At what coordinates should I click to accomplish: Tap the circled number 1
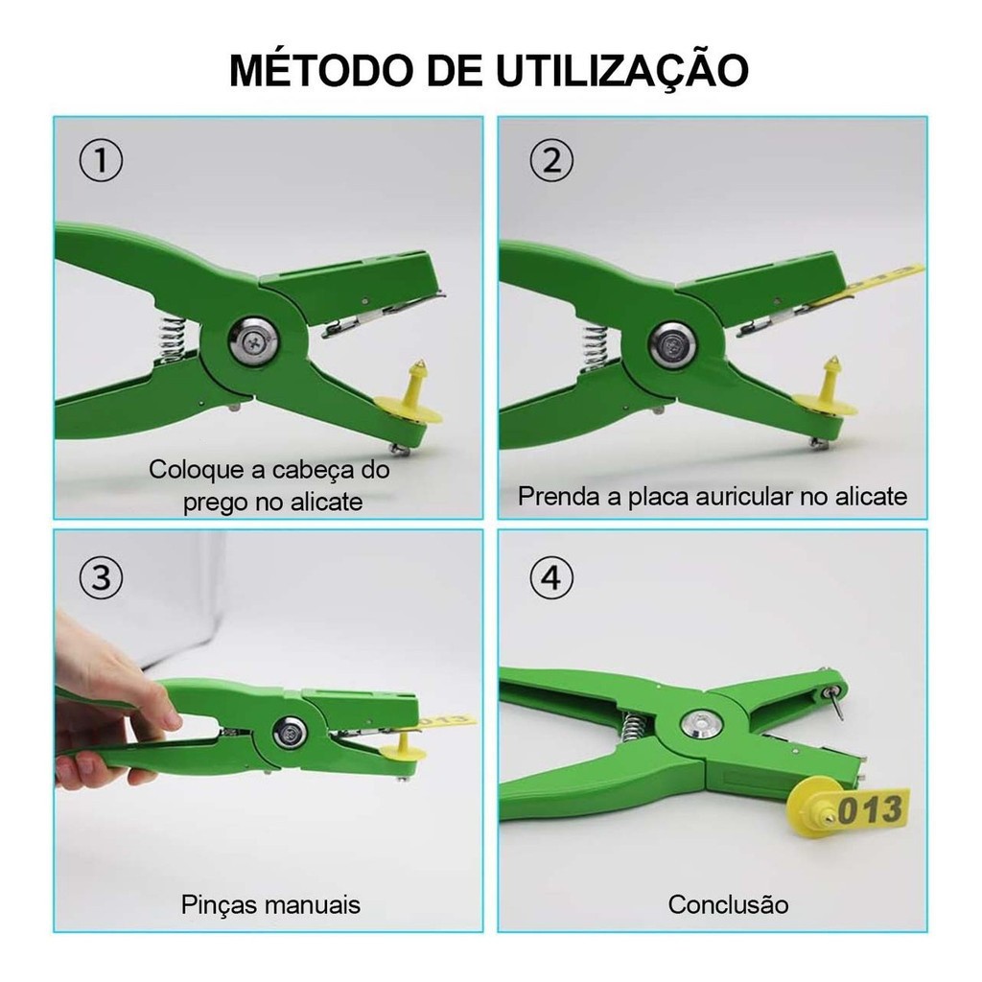pyautogui.click(x=101, y=161)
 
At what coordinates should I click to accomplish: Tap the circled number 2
pyautogui.click(x=551, y=161)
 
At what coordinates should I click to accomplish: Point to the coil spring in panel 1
pyautogui.click(x=172, y=339)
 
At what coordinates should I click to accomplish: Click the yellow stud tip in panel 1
pyautogui.click(x=421, y=365)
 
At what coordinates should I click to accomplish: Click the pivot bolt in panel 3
pyautogui.click(x=290, y=732)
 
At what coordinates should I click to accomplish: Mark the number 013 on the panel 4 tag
pyautogui.click(x=870, y=808)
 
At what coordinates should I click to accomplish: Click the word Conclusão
pyautogui.click(x=728, y=904)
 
